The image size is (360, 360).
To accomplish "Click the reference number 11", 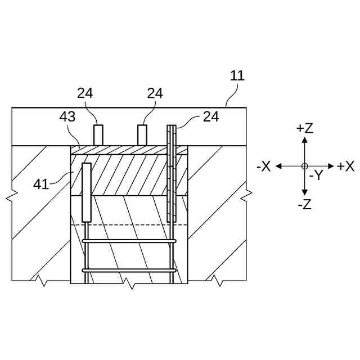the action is tap(237, 76).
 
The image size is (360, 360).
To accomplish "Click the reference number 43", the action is tap(67, 117).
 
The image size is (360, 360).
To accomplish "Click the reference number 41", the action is tap(40, 184).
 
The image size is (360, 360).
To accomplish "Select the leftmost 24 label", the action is tap(85, 93).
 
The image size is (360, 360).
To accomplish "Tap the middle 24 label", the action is tap(155, 93).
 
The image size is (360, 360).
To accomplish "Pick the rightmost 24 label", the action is tap(211, 116).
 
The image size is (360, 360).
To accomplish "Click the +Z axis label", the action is tap(304, 128).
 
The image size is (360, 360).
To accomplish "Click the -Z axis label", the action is tap(304, 205).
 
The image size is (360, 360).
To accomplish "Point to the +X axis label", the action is tap(345, 166).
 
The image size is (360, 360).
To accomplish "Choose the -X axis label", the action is tap(263, 166).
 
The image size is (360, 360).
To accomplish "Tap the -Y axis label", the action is tap(316, 176).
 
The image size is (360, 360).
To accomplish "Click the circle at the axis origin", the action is tap(304, 166).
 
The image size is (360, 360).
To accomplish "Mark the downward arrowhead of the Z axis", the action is tap(304, 193).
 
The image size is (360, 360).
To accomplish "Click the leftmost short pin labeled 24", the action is tap(98, 135).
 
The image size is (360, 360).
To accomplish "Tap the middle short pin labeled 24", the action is tap(142, 135).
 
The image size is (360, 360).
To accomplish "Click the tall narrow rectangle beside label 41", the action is tap(86, 192).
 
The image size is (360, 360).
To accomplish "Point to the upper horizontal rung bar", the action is tap(129, 241).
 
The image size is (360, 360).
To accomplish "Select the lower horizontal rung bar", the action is tap(129, 271).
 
